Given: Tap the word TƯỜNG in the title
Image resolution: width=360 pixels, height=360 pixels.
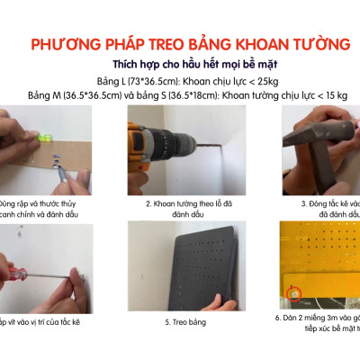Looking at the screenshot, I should click(303, 44).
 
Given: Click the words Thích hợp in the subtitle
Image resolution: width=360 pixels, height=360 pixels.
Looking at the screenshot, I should click(136, 63).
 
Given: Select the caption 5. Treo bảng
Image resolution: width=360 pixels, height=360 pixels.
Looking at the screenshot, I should click(180, 319).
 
